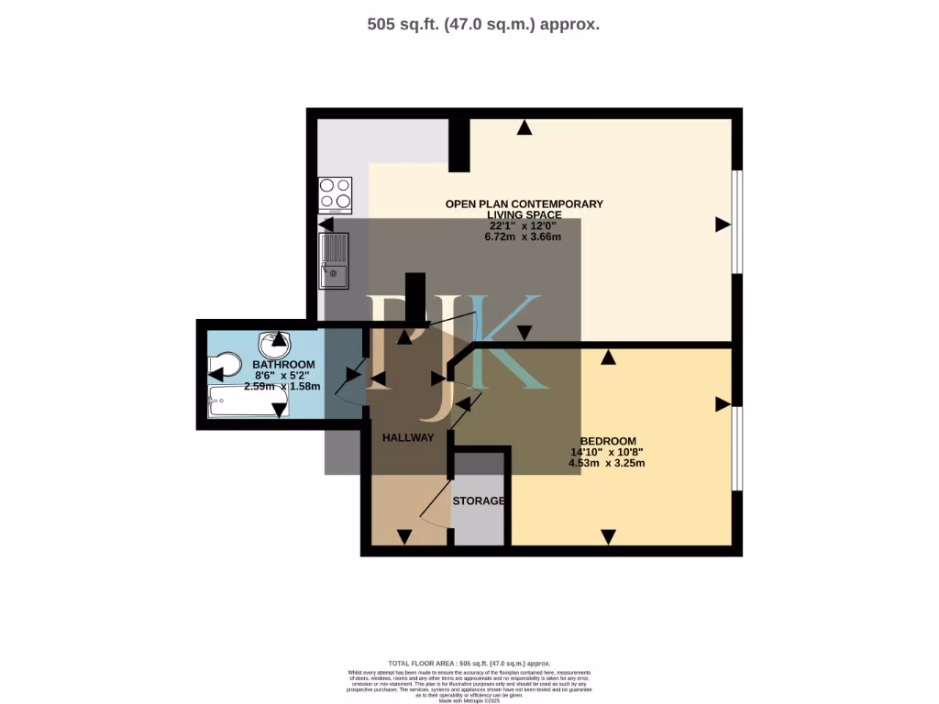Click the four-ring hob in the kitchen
pos(335,194)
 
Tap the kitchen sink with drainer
pos(334,258)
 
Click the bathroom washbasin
pos(273,345)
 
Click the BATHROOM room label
pos(284,364)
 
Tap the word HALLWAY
pos(408,437)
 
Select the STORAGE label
pos(479,500)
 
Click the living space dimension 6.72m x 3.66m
pos(524,236)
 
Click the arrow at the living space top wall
pos(524,127)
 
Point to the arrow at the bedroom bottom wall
pos(607,536)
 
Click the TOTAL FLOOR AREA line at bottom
pos(469,663)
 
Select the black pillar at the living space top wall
pos(458,145)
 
